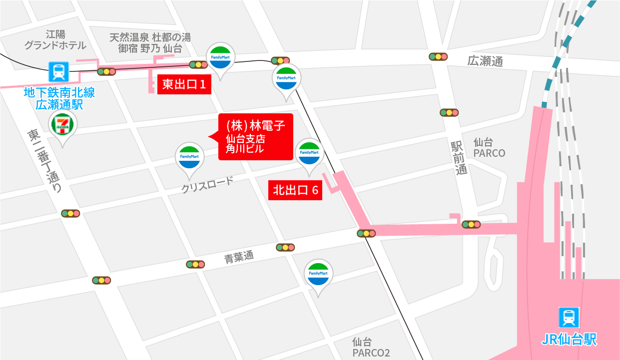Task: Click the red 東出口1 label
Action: [x=184, y=84]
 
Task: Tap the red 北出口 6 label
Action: [x=295, y=190]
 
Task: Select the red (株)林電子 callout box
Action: [x=255, y=136]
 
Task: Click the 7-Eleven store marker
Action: [x=62, y=125]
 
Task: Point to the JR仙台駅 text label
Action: [x=569, y=340]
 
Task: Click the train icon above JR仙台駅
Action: [x=569, y=317]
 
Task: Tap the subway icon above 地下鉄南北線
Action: [x=59, y=72]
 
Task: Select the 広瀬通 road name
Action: [x=485, y=61]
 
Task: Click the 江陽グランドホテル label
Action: [x=55, y=40]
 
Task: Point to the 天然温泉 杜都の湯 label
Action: [x=150, y=37]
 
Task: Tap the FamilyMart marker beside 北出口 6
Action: [x=308, y=153]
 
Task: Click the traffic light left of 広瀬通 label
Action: [x=438, y=56]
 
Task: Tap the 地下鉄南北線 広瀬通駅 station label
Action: [x=59, y=98]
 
